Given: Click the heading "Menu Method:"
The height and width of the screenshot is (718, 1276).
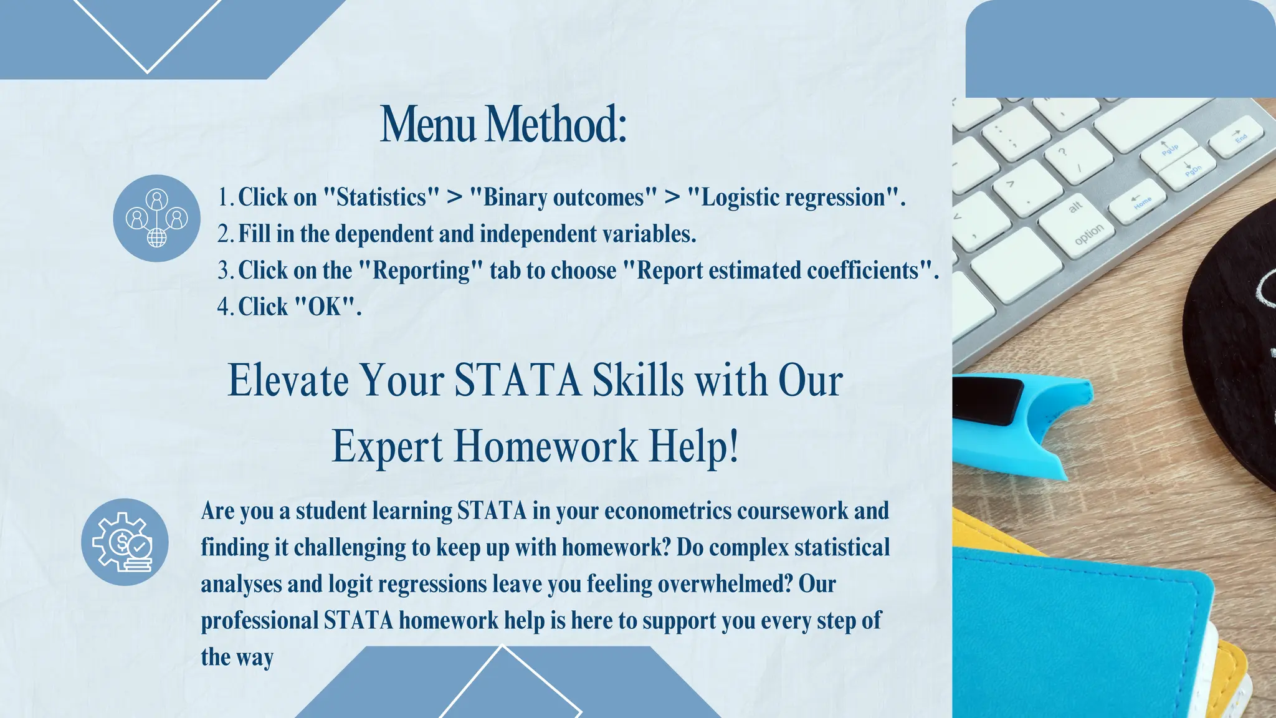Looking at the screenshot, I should point(503,125).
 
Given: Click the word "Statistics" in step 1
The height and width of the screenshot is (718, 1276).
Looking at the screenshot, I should point(381,198).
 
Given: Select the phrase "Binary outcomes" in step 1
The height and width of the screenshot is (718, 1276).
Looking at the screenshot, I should point(563,198).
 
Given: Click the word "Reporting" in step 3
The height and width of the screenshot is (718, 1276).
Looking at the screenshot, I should point(421,270).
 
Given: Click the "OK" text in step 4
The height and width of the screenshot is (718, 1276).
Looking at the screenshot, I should point(326,307).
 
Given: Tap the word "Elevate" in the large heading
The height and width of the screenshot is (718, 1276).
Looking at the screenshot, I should point(288,380).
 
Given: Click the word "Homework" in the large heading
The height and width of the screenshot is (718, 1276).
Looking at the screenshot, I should point(546,446).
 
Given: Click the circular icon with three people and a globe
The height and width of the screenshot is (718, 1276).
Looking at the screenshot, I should point(156,218).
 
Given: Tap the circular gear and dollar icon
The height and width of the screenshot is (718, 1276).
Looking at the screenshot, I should point(125,542).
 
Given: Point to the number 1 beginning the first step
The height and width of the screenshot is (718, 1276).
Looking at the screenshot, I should point(223,198).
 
